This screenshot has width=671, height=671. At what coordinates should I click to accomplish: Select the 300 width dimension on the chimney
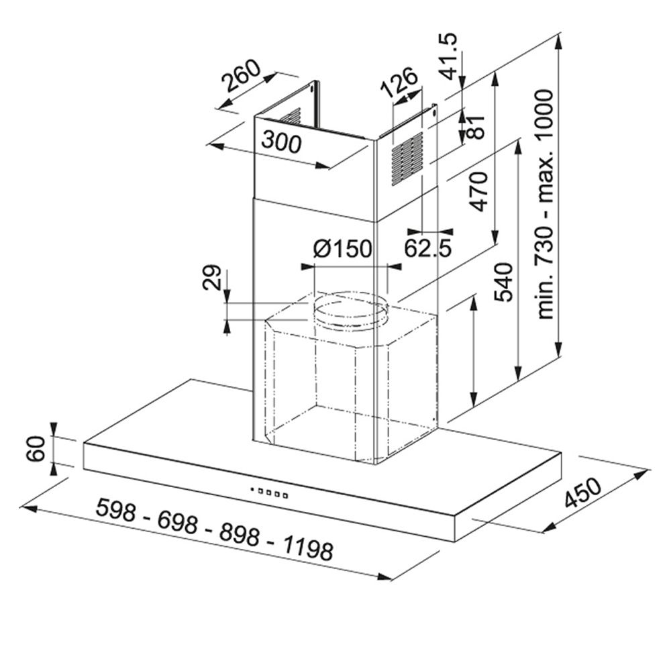click(282, 142)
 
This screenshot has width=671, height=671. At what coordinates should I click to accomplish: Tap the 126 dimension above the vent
click(399, 83)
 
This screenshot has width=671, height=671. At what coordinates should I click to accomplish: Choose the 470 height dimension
click(478, 191)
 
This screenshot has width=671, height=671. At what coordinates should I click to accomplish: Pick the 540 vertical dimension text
click(503, 282)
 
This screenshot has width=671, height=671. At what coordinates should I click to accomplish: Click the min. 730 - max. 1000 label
click(545, 204)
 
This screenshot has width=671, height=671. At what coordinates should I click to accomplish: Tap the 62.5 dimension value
click(428, 248)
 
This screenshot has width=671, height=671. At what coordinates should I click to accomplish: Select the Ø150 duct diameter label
click(343, 249)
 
